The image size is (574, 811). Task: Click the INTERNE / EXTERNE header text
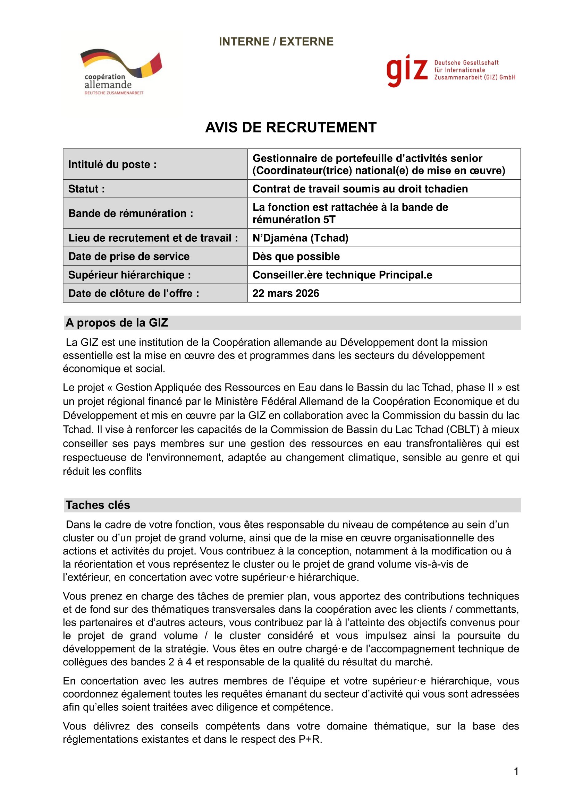pyautogui.click(x=276, y=42)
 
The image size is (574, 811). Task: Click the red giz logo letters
pyautogui.click(x=407, y=71)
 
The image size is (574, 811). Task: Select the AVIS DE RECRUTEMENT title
pyautogui.click(x=291, y=128)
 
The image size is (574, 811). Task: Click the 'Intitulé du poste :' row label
pyautogui.click(x=112, y=165)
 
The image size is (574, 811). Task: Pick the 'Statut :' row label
pyautogui.click(x=87, y=189)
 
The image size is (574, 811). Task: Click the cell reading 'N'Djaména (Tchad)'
pyautogui.click(x=301, y=238)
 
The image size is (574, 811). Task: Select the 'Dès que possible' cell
pyautogui.click(x=296, y=257)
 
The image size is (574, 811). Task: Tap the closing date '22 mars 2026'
pyautogui.click(x=286, y=293)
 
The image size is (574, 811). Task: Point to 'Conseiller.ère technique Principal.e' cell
pyautogui.click(x=342, y=275)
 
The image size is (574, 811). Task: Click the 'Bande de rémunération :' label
pyautogui.click(x=131, y=213)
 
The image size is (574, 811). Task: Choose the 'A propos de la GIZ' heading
pyautogui.click(x=117, y=323)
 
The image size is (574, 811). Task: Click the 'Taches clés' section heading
pyautogui.click(x=98, y=505)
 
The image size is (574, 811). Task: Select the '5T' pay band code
pyautogui.click(x=329, y=220)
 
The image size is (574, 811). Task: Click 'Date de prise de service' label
pyautogui.click(x=129, y=257)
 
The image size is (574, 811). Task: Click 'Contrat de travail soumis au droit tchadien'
pyautogui.click(x=360, y=189)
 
